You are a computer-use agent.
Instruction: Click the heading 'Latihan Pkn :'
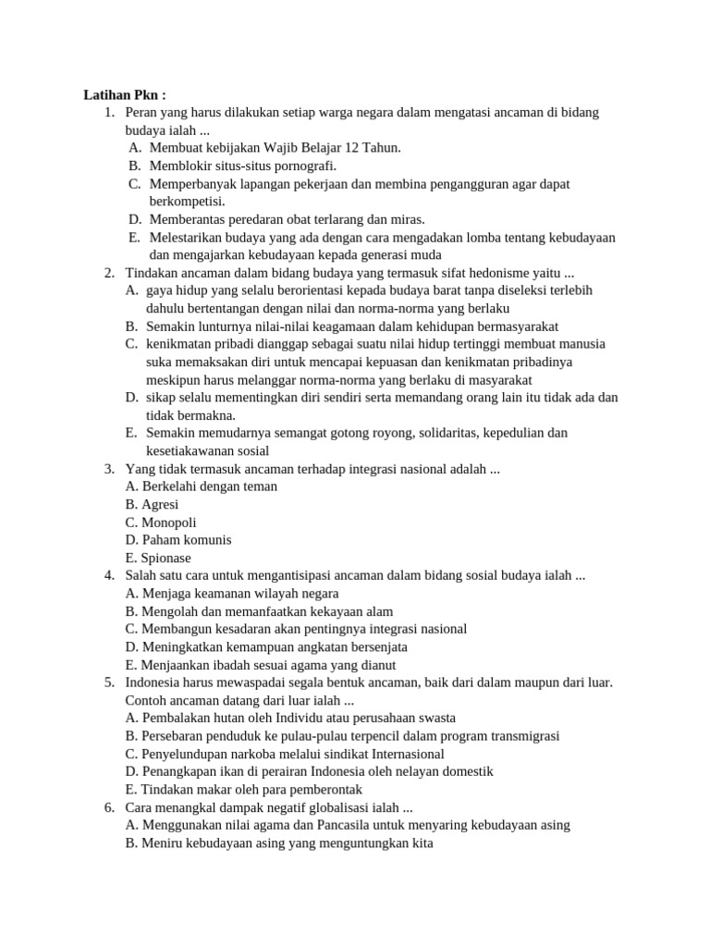click(125, 94)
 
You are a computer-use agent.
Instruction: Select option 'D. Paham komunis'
click(178, 539)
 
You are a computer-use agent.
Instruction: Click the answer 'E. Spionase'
click(158, 558)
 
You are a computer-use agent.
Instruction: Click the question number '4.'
click(109, 575)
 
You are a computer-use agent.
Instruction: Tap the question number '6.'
click(109, 807)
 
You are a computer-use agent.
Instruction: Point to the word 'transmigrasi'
click(524, 736)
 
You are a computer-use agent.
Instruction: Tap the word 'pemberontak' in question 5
click(326, 790)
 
